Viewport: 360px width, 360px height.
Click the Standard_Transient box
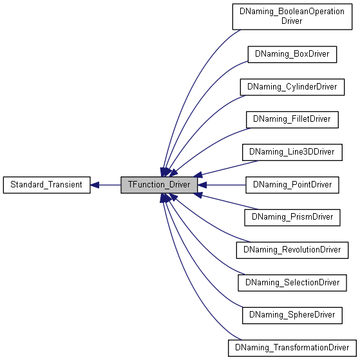click(x=46, y=185)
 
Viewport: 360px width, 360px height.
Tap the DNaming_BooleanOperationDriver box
click(x=292, y=16)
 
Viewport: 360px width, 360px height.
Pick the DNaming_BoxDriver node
click(x=292, y=54)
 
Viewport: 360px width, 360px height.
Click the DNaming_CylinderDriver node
click(x=292, y=86)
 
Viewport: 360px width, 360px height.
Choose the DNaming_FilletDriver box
click(x=292, y=119)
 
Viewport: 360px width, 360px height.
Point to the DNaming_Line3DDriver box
click(x=292, y=152)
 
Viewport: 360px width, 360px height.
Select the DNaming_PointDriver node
click(x=292, y=185)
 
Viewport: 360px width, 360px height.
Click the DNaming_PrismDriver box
click(x=292, y=217)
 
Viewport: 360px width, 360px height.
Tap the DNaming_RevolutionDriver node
click(x=292, y=249)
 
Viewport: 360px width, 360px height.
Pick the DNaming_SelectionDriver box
click(x=292, y=282)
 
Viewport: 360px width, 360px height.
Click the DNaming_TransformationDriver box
click(x=292, y=348)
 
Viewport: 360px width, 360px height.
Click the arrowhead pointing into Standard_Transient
click(x=95, y=185)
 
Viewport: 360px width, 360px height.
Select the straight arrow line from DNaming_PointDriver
click(x=222, y=185)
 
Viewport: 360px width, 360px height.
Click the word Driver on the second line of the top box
click(x=292, y=21)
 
